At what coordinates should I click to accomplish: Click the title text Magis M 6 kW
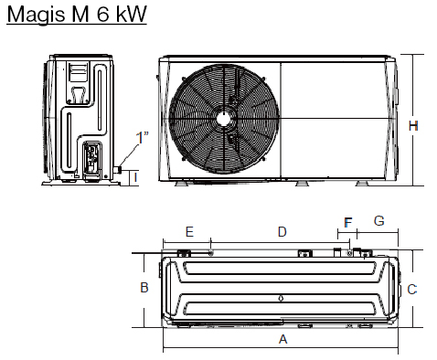pyautogui.click(x=77, y=14)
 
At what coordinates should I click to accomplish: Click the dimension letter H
pyautogui.click(x=413, y=126)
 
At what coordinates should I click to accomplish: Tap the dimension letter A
pyautogui.click(x=283, y=339)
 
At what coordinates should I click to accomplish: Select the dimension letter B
pyautogui.click(x=144, y=288)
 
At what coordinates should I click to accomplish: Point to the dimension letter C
pyautogui.click(x=412, y=290)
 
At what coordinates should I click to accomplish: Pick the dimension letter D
pyautogui.click(x=282, y=232)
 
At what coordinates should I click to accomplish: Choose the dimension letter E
pyautogui.click(x=189, y=232)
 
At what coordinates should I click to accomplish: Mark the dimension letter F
pyautogui.click(x=347, y=223)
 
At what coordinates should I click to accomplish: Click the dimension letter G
pyautogui.click(x=378, y=221)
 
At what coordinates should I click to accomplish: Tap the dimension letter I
pyautogui.click(x=135, y=177)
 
